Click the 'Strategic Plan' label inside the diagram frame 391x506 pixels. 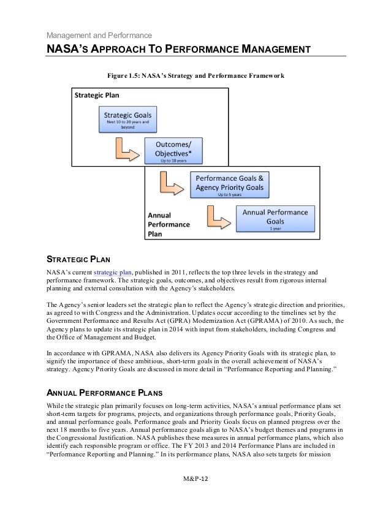click(x=97, y=96)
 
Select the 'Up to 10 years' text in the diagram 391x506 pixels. click(x=173, y=161)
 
